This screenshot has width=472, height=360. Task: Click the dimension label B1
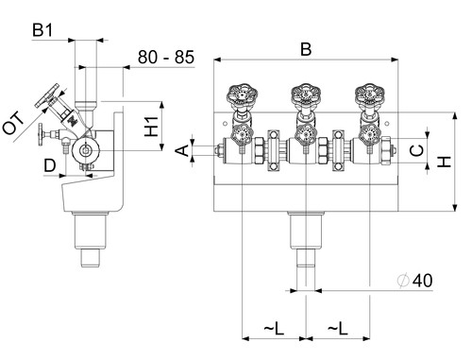pyautogui.click(x=42, y=30)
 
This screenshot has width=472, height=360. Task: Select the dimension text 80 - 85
pyautogui.click(x=166, y=57)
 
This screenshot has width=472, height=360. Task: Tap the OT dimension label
pyautogui.click(x=12, y=123)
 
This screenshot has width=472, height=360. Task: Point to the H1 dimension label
pyautogui.click(x=151, y=127)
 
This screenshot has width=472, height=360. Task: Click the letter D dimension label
pyautogui.click(x=50, y=165)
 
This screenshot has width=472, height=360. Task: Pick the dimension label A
pyautogui.click(x=181, y=150)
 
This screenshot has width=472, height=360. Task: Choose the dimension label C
pyautogui.click(x=417, y=150)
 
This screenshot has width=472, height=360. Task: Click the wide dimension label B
pyautogui.click(x=306, y=49)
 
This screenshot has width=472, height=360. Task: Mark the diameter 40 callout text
pyautogui.click(x=415, y=280)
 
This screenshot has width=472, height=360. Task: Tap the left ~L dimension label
pyautogui.click(x=274, y=329)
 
